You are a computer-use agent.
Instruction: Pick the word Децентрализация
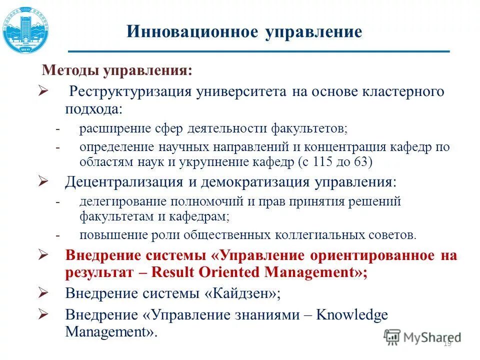click(124, 181)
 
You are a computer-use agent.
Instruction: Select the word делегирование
click(117, 201)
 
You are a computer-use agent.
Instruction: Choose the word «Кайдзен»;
click(242, 293)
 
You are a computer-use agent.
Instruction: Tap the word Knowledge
click(352, 315)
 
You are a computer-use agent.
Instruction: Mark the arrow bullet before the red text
click(43, 255)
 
